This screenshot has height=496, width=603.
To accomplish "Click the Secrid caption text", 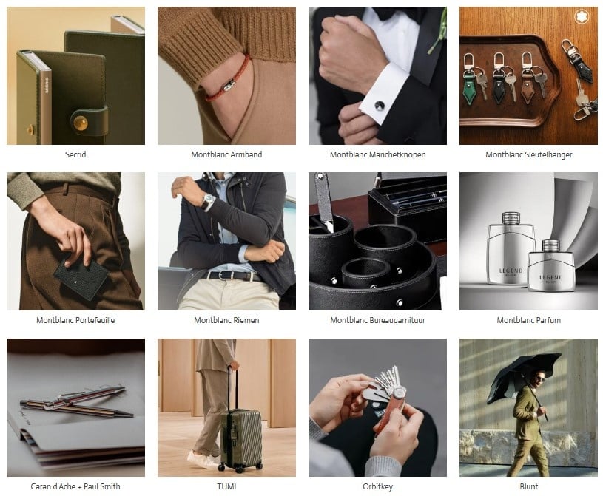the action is coord(75,154).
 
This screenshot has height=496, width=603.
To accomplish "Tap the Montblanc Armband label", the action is coord(226,154).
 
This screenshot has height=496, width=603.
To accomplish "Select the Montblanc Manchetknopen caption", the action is coord(377,154).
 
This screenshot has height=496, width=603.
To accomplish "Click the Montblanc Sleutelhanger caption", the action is coord(529,154).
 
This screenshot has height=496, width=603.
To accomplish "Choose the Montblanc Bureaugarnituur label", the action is coord(377,320).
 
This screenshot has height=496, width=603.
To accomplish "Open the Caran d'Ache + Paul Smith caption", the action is coord(75,486).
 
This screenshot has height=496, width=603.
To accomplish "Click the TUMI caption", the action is coord(226,486).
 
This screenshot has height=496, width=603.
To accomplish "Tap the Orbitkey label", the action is coord(377,486).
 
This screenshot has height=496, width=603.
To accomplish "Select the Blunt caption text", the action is coord(529,486).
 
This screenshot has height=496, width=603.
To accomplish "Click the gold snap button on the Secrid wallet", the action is coord(81,123).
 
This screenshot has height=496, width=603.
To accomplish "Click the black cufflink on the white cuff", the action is coord(379,106).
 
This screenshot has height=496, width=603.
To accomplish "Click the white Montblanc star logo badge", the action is coord(582,17).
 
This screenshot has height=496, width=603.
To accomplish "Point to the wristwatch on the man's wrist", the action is coord(208,201).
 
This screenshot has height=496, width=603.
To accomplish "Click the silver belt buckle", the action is coord(220,275).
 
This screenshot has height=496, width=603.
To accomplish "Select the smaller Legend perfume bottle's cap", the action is coord(550,246).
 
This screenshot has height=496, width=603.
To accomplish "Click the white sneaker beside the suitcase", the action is coord(201,459).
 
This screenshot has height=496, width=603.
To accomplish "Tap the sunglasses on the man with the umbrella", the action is coord(539,378).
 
